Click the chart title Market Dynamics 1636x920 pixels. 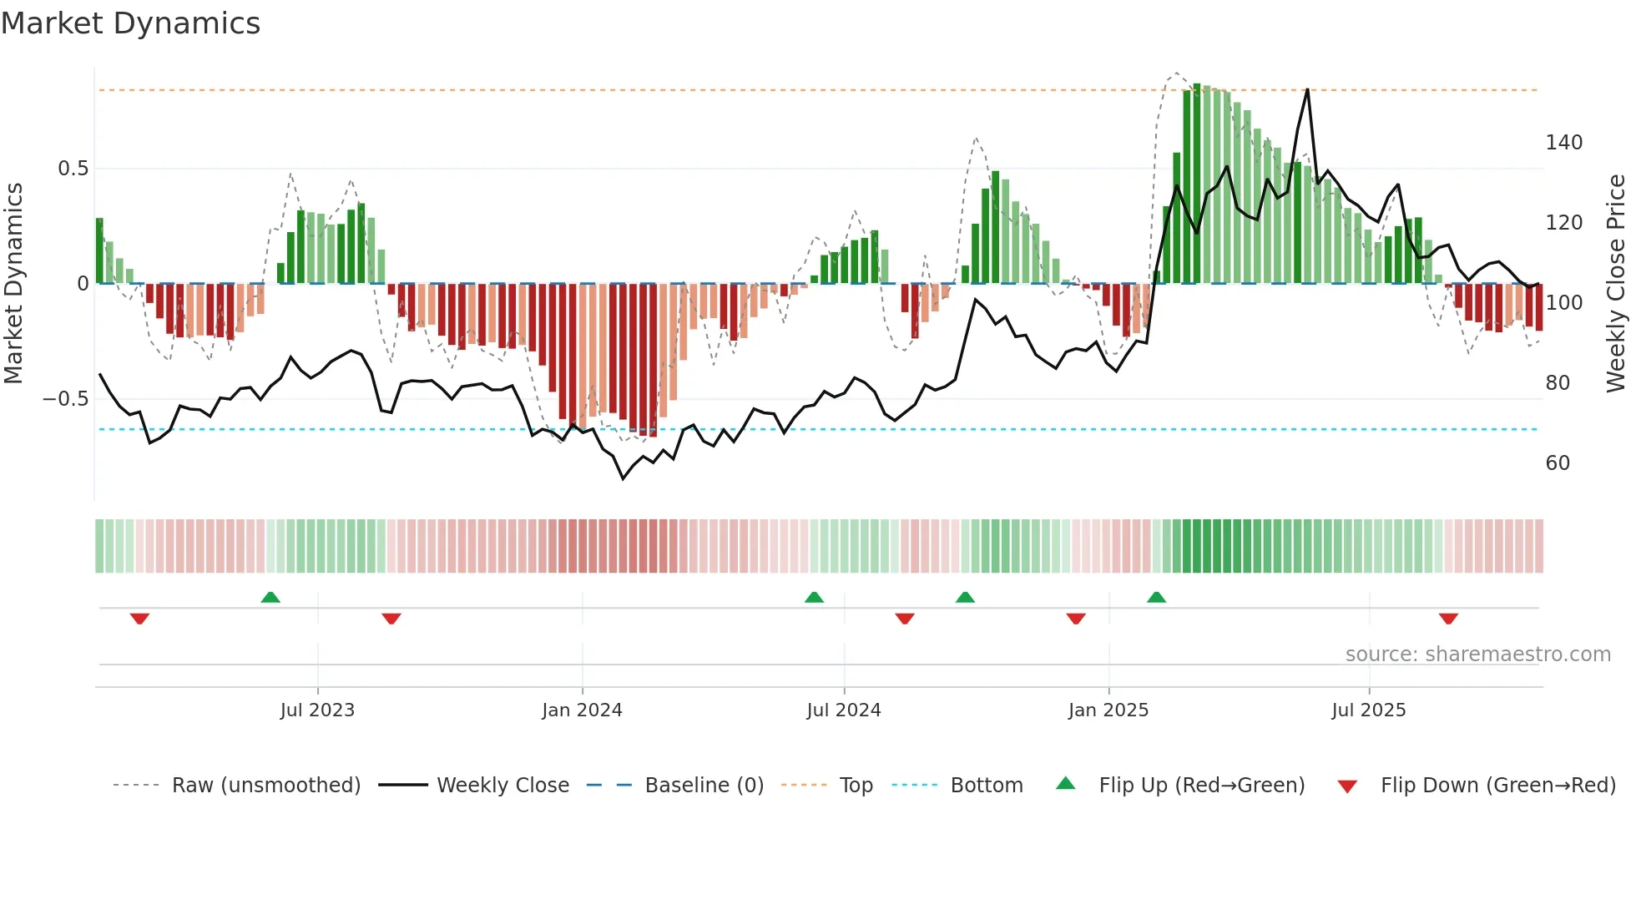click(x=131, y=23)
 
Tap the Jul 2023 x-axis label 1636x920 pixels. click(x=317, y=710)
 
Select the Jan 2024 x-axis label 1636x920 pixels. click(x=582, y=710)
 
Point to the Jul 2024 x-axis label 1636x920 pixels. click(x=844, y=710)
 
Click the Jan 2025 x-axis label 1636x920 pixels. click(x=1108, y=710)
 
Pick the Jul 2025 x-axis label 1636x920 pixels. click(x=1369, y=710)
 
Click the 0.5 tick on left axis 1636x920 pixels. click(x=73, y=169)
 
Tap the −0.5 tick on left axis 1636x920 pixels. click(x=66, y=399)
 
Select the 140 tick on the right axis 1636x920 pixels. click(x=1563, y=143)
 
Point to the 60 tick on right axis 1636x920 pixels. click(x=1558, y=463)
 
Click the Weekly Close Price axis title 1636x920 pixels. click(x=1616, y=284)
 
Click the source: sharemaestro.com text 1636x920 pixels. click(x=1477, y=655)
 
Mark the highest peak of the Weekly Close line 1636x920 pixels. click(x=1307, y=89)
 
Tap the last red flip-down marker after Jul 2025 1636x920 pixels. click(x=1448, y=619)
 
